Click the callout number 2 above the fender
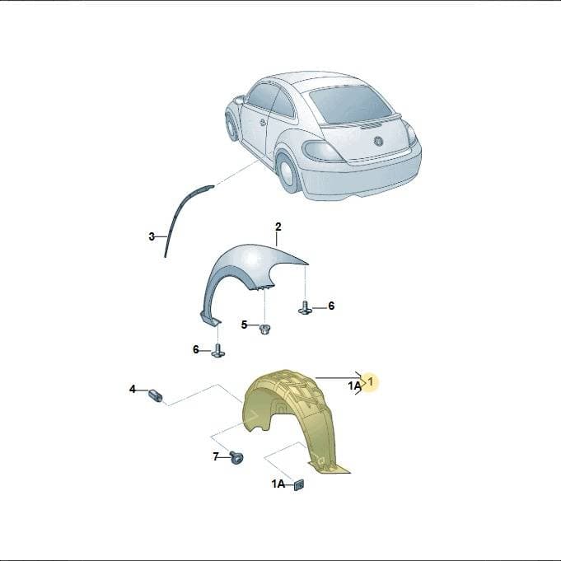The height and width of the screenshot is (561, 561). [278, 227]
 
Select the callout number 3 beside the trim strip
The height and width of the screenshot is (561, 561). [152, 236]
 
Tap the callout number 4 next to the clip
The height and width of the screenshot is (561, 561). [133, 389]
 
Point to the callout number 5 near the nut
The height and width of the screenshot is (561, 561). [244, 325]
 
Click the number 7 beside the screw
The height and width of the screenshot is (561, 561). [216, 456]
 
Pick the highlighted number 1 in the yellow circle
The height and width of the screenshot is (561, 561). [371, 381]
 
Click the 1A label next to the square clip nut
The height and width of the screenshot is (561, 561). [278, 484]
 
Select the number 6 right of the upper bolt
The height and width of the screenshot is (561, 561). [331, 306]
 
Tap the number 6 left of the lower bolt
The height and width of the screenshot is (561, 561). [196, 349]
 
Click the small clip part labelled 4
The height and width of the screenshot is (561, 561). [155, 395]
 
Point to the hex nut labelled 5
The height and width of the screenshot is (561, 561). [265, 329]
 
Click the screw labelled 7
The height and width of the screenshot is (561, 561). [236, 457]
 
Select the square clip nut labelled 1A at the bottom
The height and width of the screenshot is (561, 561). [298, 484]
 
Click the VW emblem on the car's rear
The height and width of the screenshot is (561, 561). [378, 142]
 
